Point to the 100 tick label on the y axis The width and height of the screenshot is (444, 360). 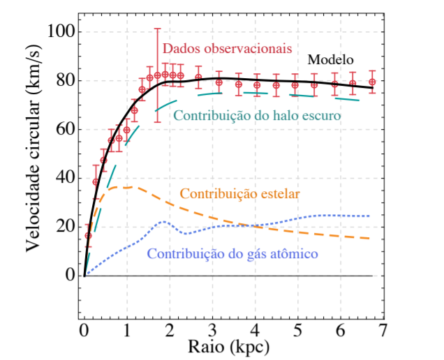pyautogui.click(x=61, y=33)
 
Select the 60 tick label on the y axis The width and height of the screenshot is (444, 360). pyautogui.click(x=66, y=130)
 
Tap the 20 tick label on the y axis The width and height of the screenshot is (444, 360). pyautogui.click(x=66, y=227)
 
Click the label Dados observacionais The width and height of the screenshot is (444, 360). pyautogui.click(x=216, y=48)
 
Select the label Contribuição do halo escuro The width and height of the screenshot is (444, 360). pyautogui.click(x=257, y=115)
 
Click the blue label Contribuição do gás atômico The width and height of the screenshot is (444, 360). pyautogui.click(x=232, y=254)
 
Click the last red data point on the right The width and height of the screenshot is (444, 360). pyautogui.click(x=372, y=82)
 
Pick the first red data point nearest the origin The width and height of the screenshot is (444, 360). pyautogui.click(x=88, y=236)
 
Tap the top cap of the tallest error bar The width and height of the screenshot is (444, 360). pyautogui.click(x=158, y=29)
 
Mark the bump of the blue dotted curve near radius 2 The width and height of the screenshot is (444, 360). pyautogui.click(x=163, y=222)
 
